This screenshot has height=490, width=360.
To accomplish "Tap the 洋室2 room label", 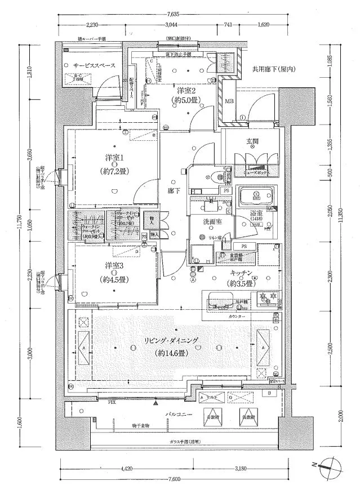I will [185, 91].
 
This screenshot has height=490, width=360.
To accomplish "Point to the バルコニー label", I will [180, 414].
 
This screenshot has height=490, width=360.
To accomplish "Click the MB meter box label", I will [229, 101].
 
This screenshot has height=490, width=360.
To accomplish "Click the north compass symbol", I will [325, 465].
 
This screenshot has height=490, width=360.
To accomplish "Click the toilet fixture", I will [221, 176].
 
